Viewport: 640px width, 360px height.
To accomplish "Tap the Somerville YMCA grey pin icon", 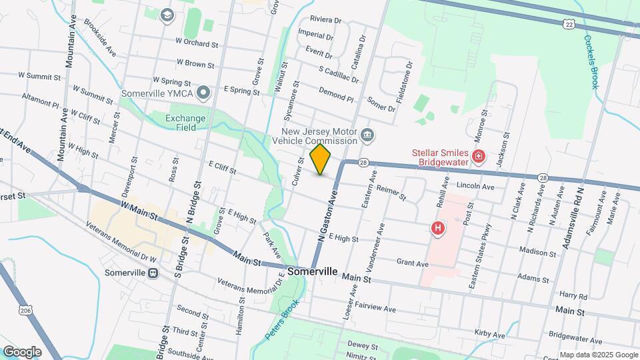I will click(x=204, y=93).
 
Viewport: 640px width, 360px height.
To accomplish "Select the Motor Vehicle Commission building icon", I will click(x=367, y=137).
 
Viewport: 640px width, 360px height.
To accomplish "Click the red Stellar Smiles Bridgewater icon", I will click(x=478, y=157).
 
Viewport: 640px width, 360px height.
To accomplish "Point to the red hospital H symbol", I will click(x=438, y=228).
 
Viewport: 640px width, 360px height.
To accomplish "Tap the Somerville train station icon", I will click(x=153, y=273).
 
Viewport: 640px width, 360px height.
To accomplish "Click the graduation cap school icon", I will click(x=167, y=14).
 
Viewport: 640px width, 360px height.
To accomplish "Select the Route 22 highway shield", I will click(x=568, y=23).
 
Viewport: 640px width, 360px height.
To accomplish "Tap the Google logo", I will click(x=22, y=352).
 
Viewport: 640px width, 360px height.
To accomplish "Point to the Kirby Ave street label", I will click(x=489, y=333).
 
